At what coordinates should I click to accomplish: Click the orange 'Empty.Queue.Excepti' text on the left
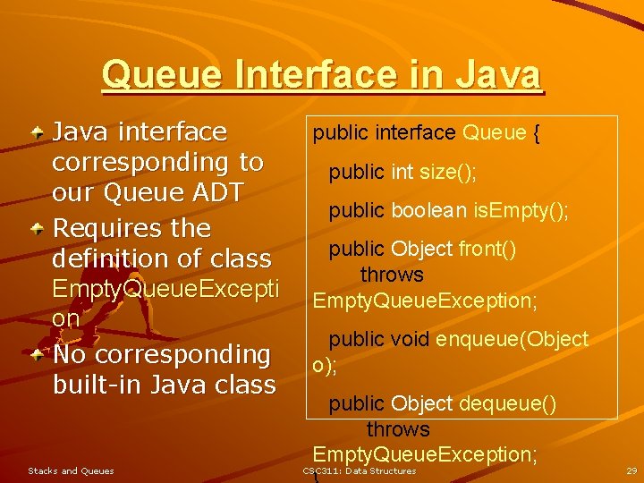[165, 289]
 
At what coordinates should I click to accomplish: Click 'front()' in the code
[487, 250]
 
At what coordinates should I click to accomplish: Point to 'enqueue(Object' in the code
[512, 339]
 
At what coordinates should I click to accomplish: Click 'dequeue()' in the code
[507, 404]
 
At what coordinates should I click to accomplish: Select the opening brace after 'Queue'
[536, 133]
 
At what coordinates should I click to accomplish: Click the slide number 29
[631, 470]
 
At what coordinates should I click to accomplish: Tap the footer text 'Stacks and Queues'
[71, 470]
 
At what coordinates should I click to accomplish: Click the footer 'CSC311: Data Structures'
[359, 470]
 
